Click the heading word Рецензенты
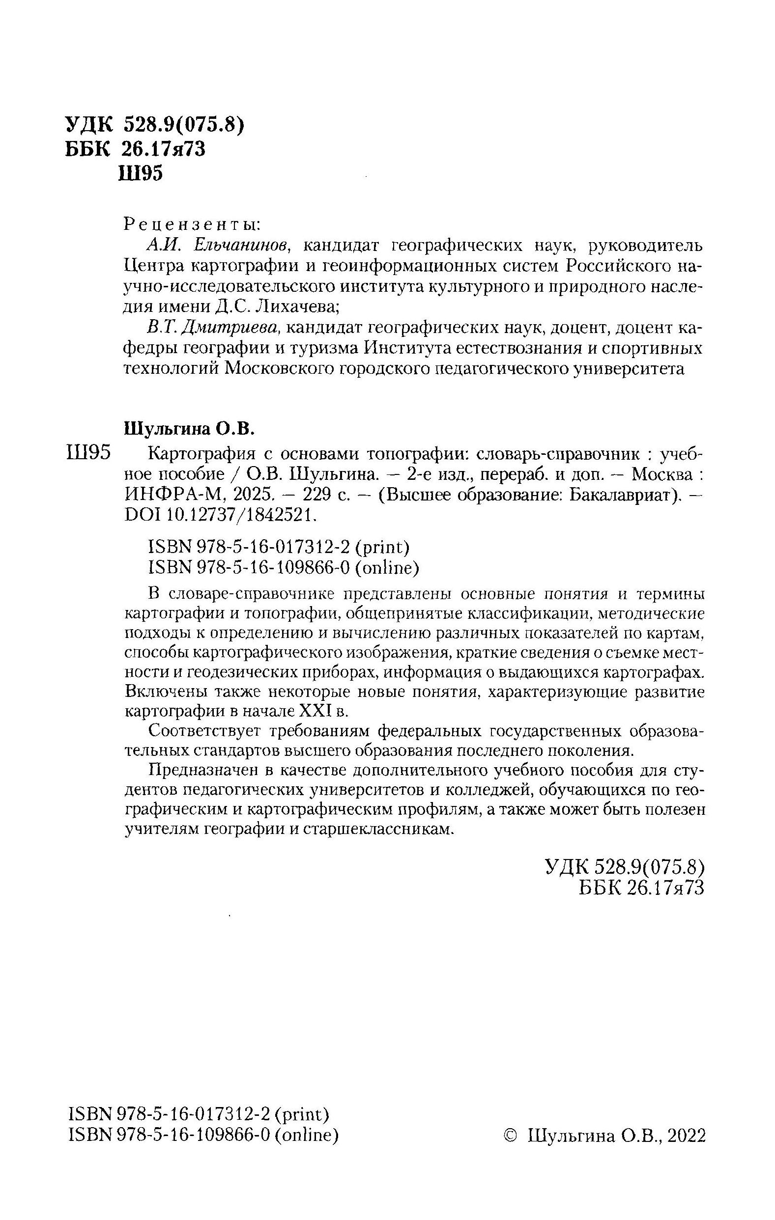pyautogui.click(x=192, y=223)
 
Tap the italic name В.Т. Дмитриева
pyautogui.click(x=213, y=328)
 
